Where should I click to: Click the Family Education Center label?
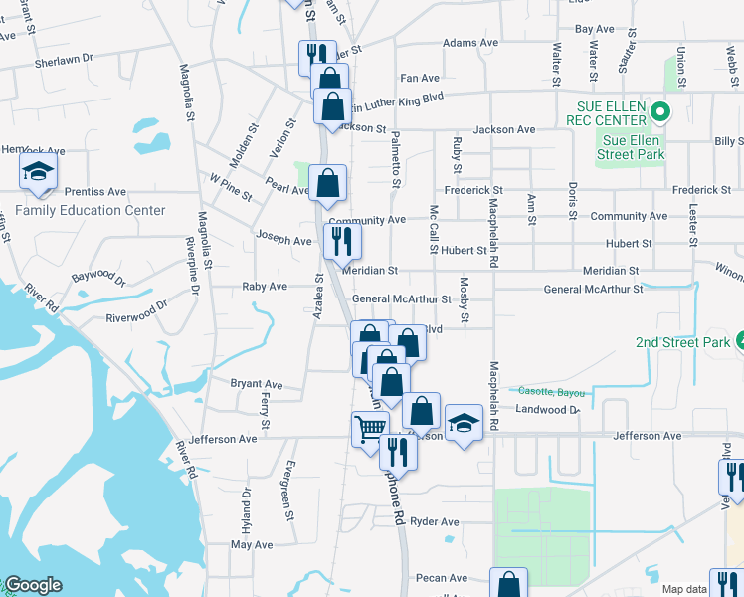pos(91,210)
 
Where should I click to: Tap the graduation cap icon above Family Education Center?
pos(38,173)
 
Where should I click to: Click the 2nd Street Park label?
pos(683,342)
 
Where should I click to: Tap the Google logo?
pos(33,585)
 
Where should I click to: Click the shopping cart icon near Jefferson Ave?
pos(369,429)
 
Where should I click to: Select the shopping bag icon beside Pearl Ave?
pos(327,183)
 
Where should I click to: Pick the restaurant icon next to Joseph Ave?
pos(341,240)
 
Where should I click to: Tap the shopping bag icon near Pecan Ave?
pos(508,584)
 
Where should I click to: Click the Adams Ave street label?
pos(469,43)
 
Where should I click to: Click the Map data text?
pos(685,590)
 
